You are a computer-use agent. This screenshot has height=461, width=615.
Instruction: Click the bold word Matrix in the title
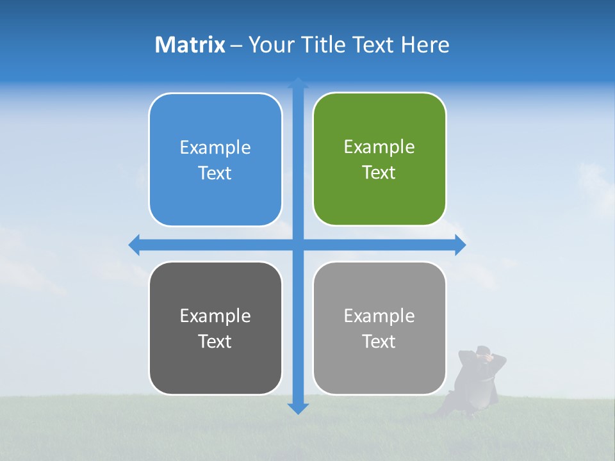pos(190,45)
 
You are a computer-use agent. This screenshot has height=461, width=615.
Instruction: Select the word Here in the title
pos(425,45)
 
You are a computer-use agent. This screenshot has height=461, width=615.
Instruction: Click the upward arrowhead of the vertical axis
pos(298,83)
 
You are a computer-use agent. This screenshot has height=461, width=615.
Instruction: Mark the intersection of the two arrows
pos(298,245)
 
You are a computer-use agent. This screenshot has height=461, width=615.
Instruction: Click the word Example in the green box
pos(379,147)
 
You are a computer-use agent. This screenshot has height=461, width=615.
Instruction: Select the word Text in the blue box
pos(215,174)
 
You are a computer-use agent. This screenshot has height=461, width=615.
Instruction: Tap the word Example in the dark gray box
pos(215,316)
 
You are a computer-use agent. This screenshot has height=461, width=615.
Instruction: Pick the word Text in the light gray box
pos(379,342)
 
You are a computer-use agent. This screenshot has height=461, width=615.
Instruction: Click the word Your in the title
pos(270,45)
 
